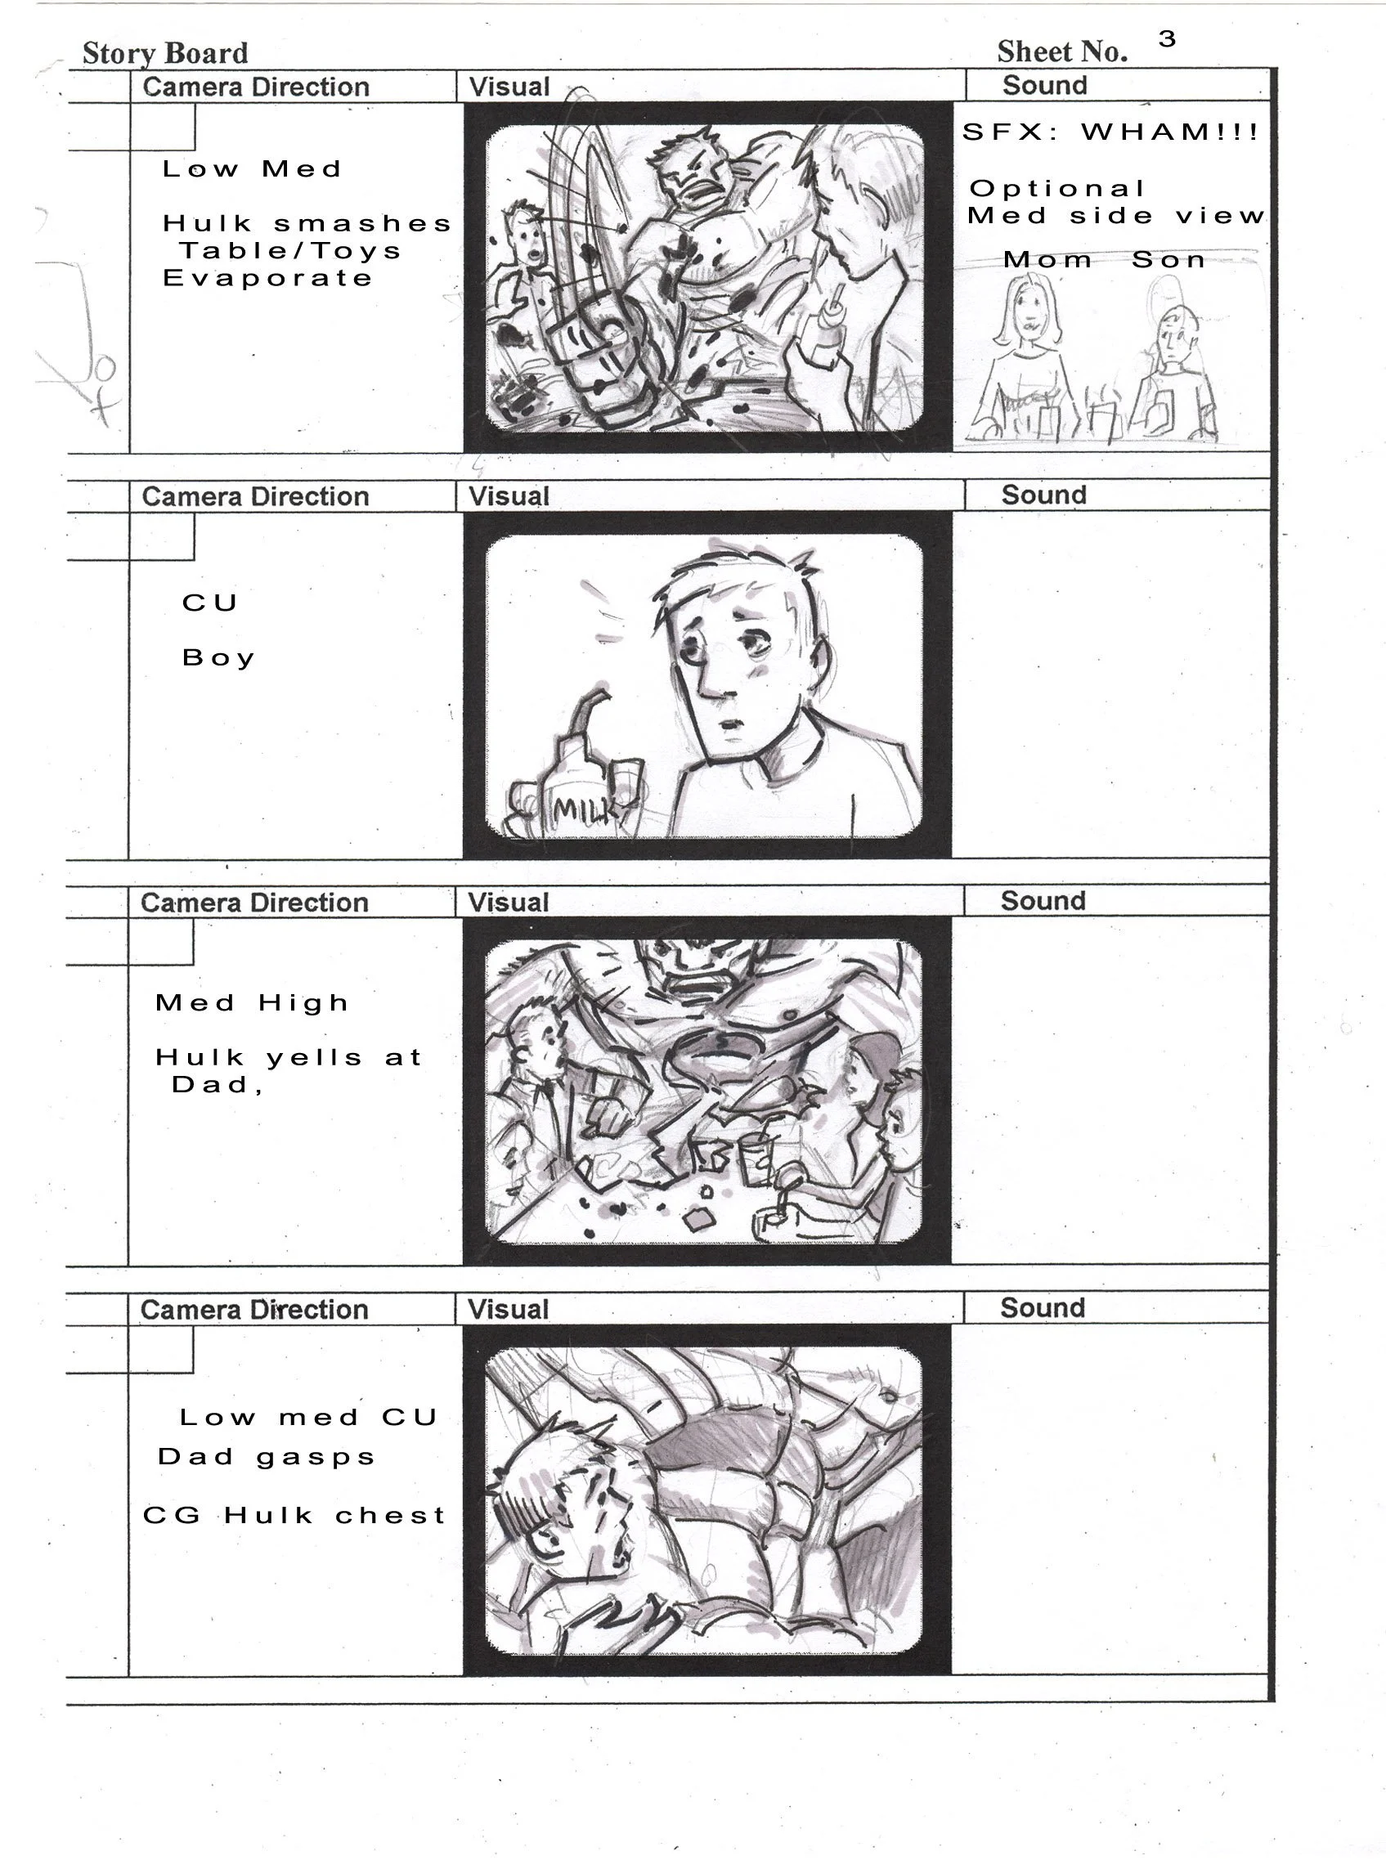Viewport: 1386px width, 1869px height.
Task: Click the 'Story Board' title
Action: pyautogui.click(x=165, y=53)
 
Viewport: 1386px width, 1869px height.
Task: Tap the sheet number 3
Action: pyautogui.click(x=1167, y=38)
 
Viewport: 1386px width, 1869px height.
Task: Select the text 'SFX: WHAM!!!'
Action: pyautogui.click(x=1110, y=132)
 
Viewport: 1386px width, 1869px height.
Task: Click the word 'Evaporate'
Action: pyautogui.click(x=267, y=279)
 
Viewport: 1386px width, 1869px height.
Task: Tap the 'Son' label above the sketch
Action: pyautogui.click(x=1168, y=260)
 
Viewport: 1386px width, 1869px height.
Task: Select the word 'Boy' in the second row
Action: pyautogui.click(x=218, y=657)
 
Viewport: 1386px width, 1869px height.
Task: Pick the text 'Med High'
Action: pyautogui.click(x=252, y=1003)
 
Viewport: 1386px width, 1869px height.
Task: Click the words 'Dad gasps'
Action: pyautogui.click(x=266, y=1457)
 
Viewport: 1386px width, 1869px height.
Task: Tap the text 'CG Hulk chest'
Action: pyautogui.click(x=294, y=1516)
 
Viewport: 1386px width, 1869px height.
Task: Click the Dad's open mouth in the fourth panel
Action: pyautogui.click(x=620, y=1553)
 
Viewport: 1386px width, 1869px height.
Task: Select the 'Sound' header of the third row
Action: pyautogui.click(x=1043, y=901)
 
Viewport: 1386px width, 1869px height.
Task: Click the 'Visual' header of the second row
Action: pyautogui.click(x=509, y=495)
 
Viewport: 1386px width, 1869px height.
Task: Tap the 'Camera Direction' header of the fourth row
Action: pyautogui.click(x=254, y=1310)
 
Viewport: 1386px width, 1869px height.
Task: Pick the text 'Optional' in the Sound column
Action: pyautogui.click(x=1057, y=190)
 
